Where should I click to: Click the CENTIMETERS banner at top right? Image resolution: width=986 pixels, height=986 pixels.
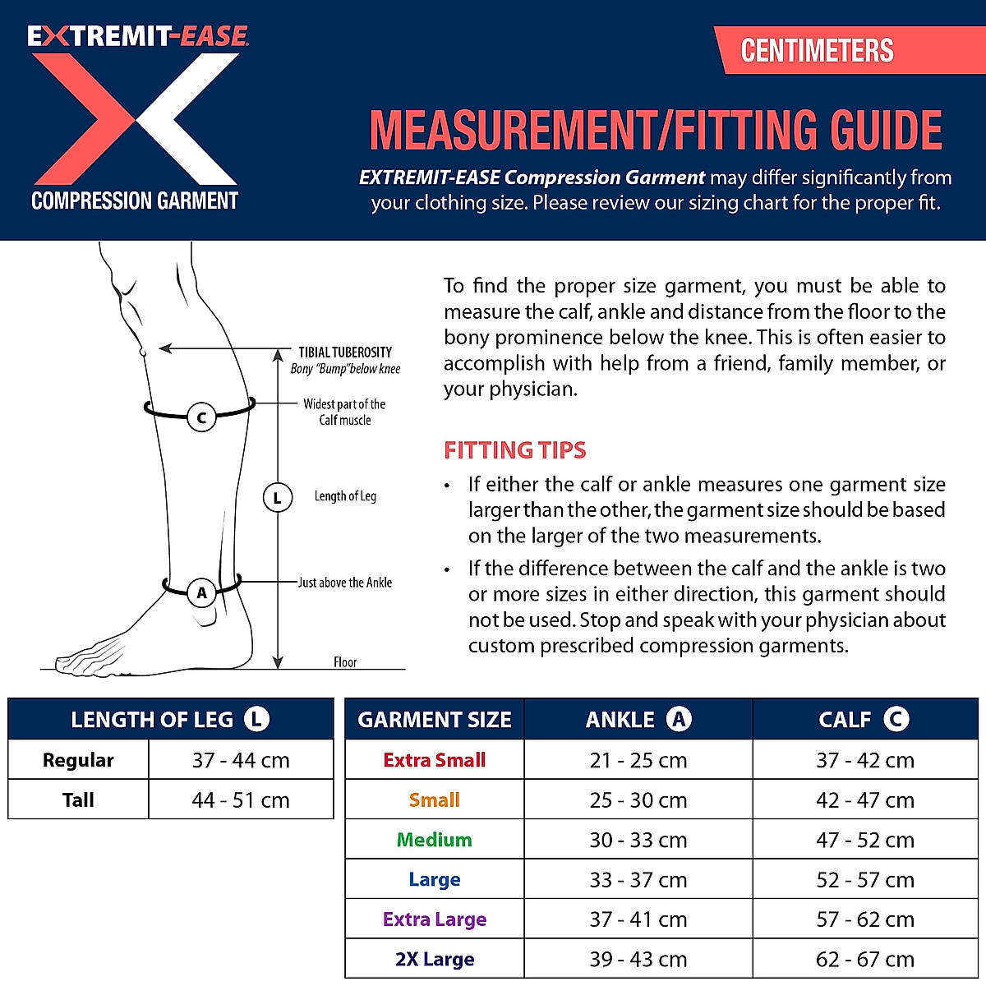click(x=817, y=51)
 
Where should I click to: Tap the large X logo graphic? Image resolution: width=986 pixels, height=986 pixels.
click(x=136, y=119)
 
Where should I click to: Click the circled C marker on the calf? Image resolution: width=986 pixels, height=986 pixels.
click(x=201, y=417)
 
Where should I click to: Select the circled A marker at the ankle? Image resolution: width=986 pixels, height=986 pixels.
click(x=201, y=592)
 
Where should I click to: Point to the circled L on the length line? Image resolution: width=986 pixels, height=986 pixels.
click(x=278, y=498)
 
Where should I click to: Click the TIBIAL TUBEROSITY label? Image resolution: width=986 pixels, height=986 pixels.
click(x=345, y=352)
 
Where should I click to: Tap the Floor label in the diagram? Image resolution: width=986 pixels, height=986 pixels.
click(x=345, y=662)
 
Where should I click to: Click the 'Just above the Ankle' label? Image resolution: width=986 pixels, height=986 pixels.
click(x=345, y=583)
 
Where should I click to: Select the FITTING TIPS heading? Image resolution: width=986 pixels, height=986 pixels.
click(x=515, y=450)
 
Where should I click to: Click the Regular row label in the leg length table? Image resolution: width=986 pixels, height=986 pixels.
click(x=78, y=760)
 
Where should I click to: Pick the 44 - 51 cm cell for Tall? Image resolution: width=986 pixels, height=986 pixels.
click(x=241, y=800)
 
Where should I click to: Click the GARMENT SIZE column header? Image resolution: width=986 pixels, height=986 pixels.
click(x=435, y=720)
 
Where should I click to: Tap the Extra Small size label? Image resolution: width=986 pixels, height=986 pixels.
click(x=435, y=760)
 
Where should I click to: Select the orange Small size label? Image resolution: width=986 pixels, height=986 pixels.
click(x=435, y=800)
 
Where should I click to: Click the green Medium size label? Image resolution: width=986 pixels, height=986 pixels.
click(x=435, y=840)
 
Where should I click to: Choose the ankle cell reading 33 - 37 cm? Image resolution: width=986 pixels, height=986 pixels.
click(x=638, y=880)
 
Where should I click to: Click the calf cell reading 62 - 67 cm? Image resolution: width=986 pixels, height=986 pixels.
click(x=865, y=960)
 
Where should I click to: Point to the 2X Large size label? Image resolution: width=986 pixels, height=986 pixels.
click(x=435, y=960)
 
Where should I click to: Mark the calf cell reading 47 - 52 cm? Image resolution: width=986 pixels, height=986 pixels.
click(x=865, y=840)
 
